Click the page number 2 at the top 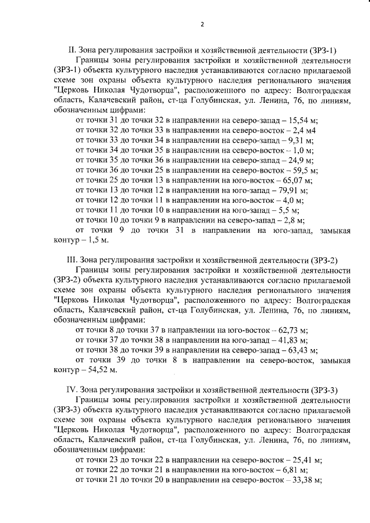click(202, 24)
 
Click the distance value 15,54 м click(304, 120)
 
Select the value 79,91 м click(292, 190)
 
